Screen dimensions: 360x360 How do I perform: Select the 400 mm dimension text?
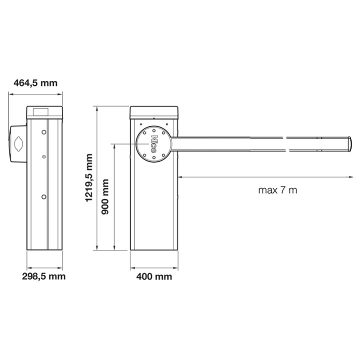tap(154, 276)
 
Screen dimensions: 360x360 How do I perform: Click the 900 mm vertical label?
tap(105, 196)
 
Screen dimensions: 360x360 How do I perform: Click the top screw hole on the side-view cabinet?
tap(44, 132)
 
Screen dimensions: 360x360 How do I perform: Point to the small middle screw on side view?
tap(44, 157)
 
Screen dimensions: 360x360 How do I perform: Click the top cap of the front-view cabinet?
tap(153, 111)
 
